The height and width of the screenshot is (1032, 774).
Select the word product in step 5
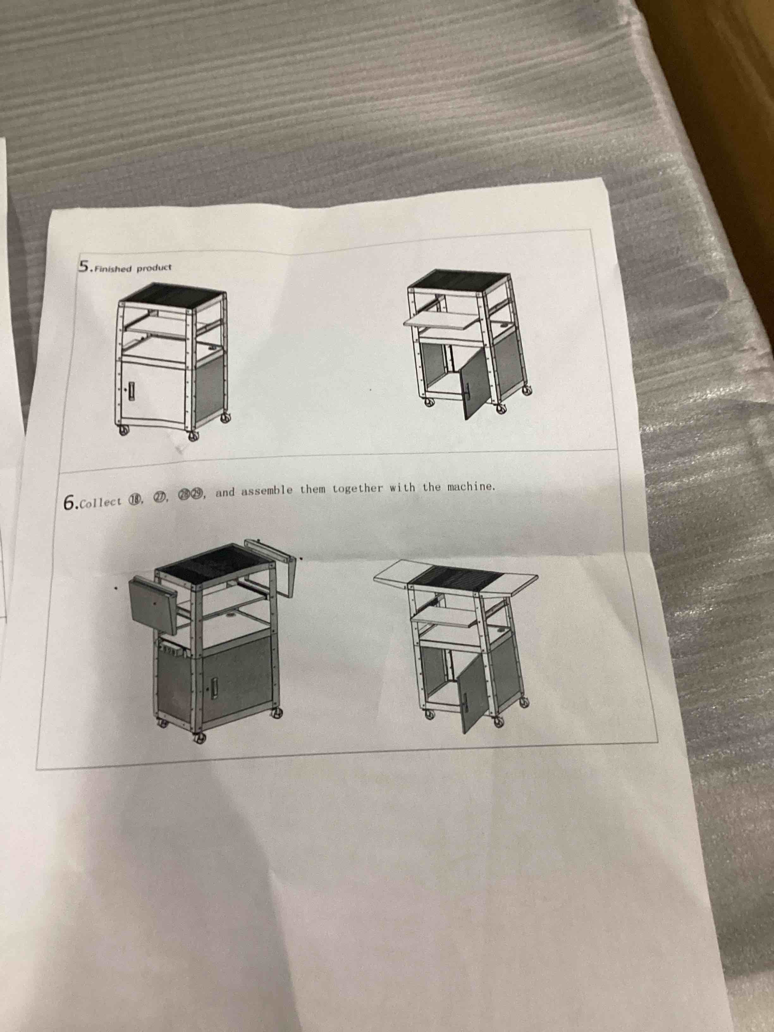(154, 268)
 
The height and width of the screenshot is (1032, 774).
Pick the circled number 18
(135, 501)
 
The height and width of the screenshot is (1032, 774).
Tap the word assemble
(267, 492)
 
